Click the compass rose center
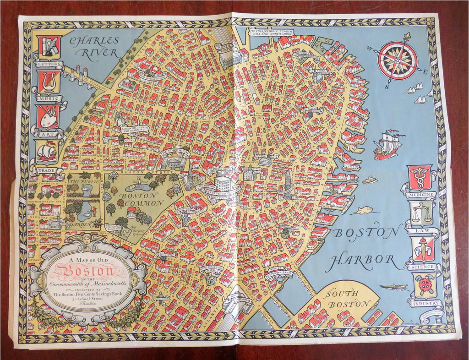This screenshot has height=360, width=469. (x=397, y=60)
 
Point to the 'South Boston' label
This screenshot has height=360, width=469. (x=347, y=299)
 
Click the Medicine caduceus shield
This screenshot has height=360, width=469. (x=420, y=177)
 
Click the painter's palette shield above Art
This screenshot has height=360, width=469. (x=48, y=116)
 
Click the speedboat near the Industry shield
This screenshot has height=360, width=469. (x=393, y=287)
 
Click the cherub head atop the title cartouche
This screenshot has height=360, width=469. (x=87, y=239)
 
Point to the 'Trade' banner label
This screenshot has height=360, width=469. (x=47, y=170)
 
